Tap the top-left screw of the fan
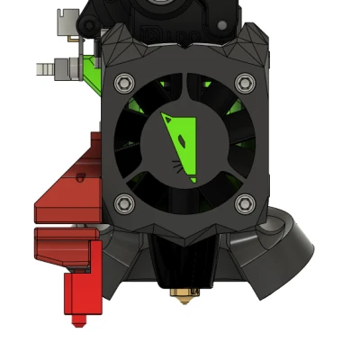123,83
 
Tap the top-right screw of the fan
244,83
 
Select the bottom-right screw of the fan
244,204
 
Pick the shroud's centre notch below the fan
184,236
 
